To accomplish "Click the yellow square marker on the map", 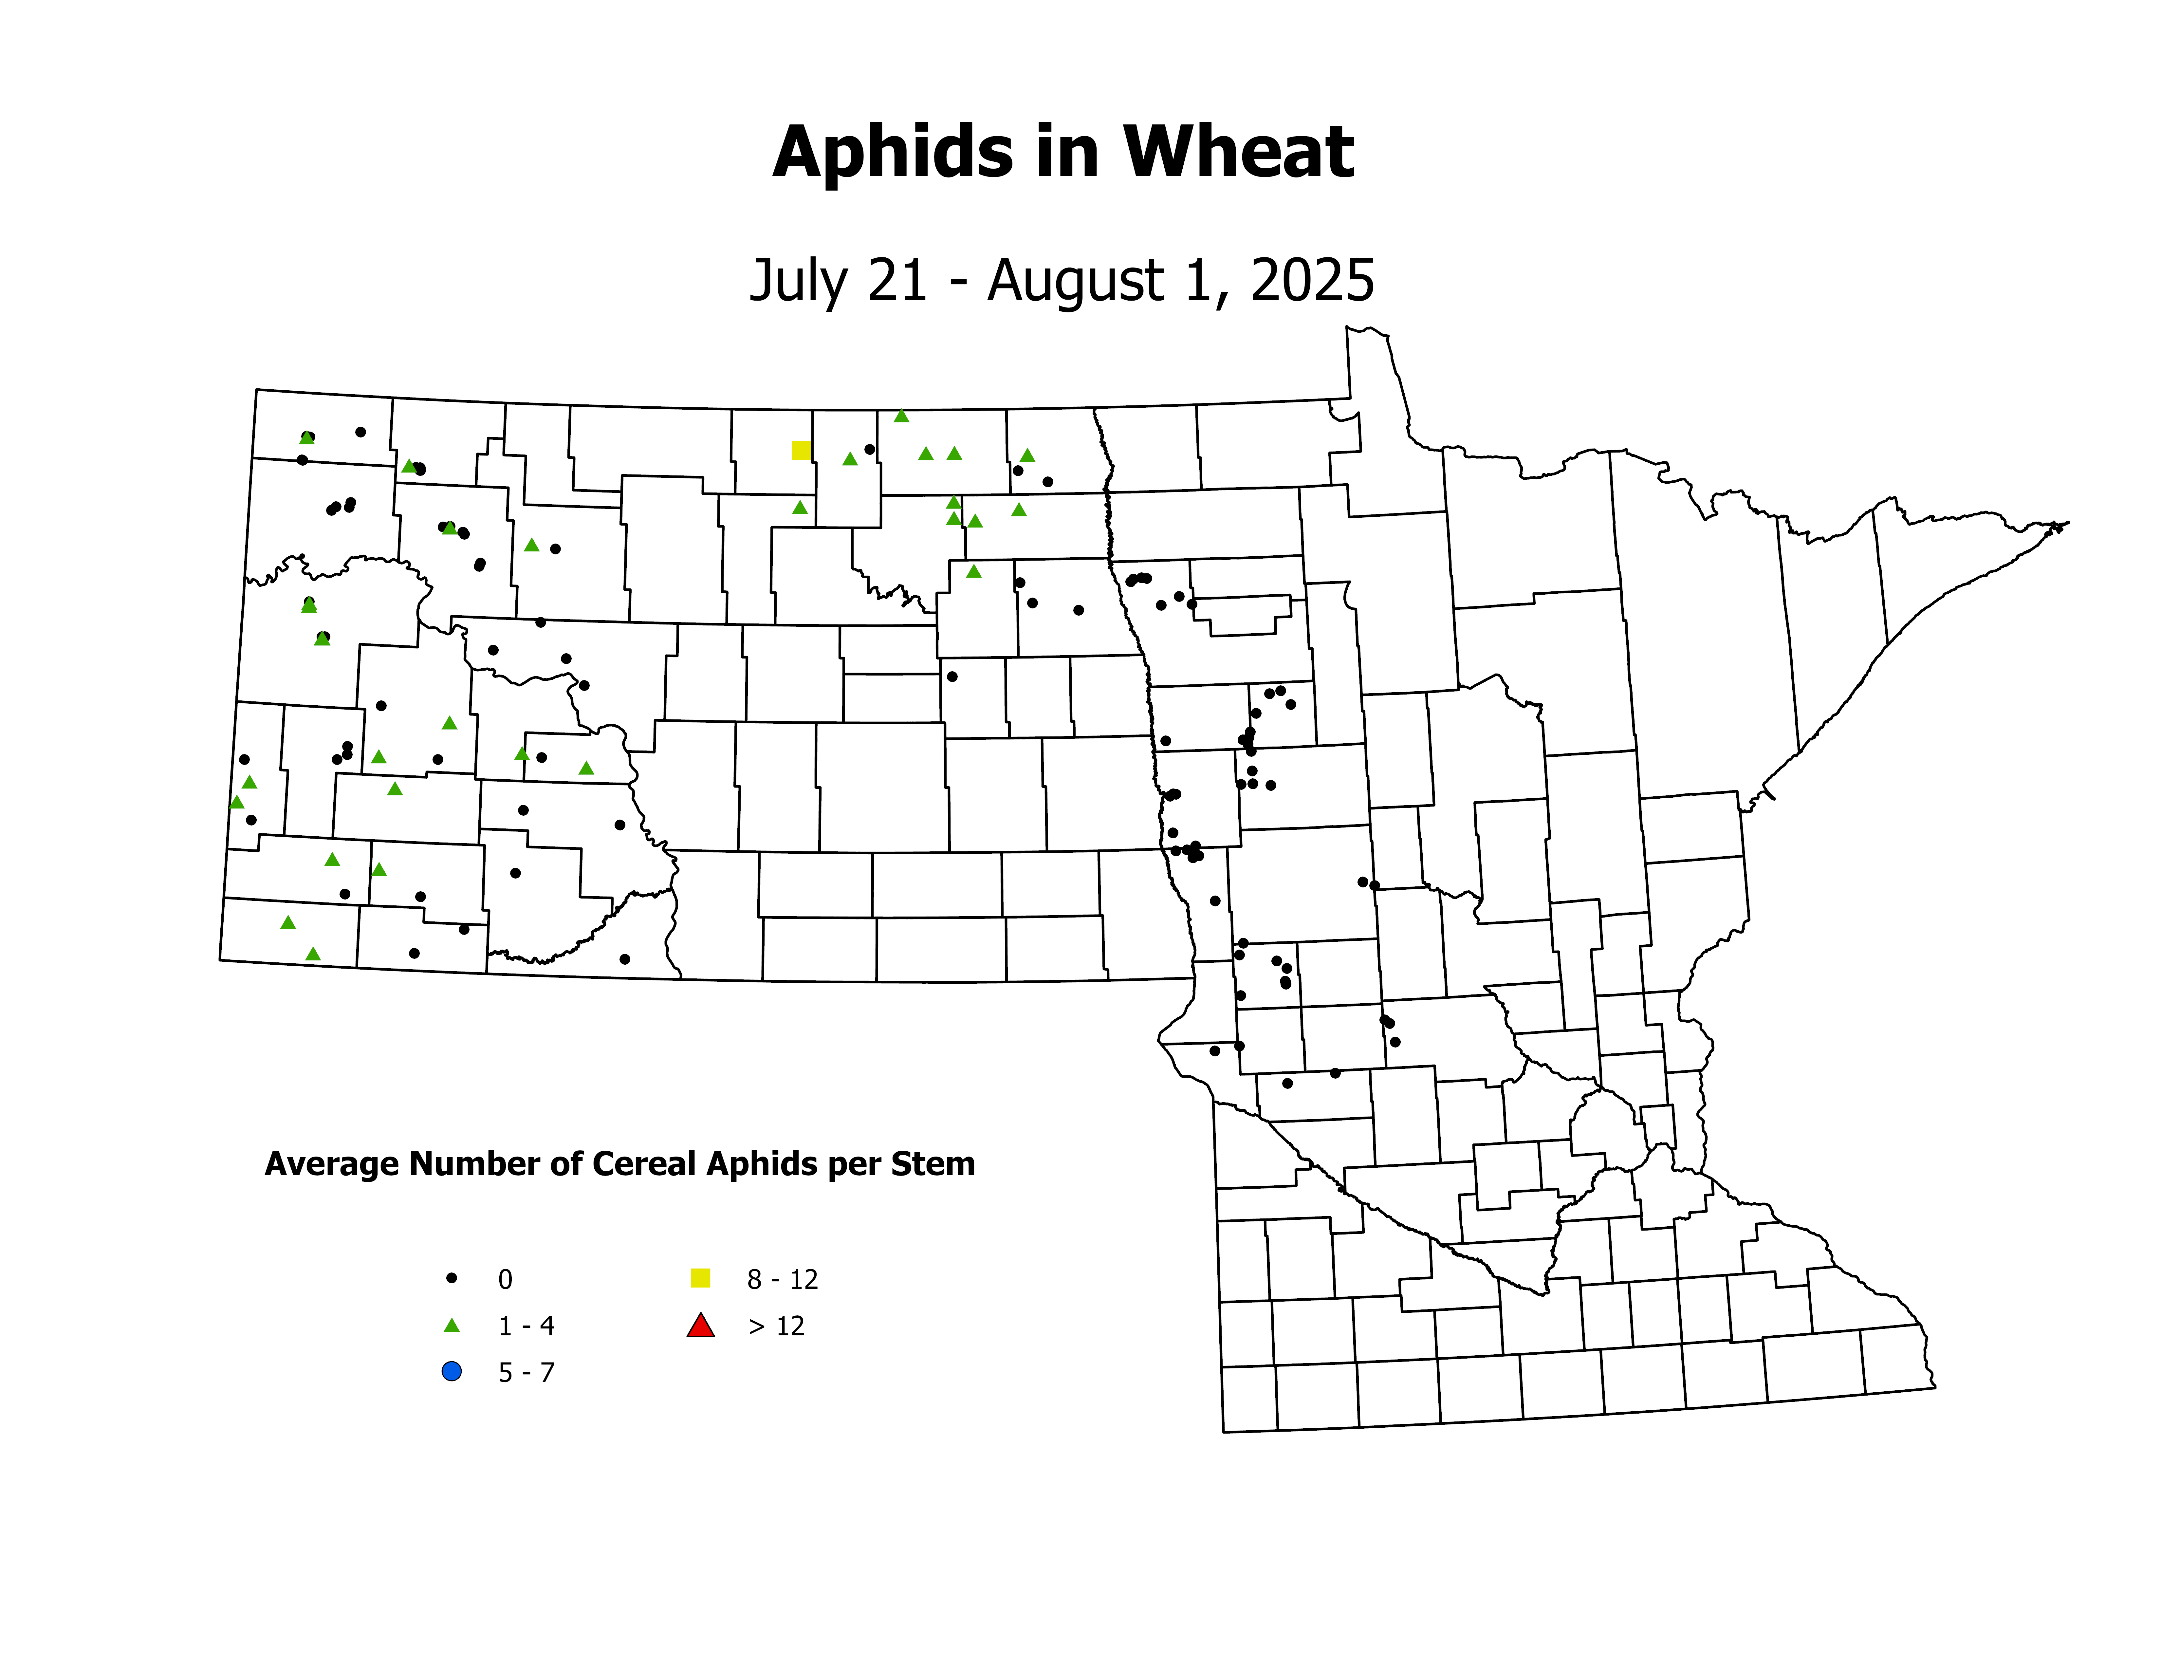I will (802, 450).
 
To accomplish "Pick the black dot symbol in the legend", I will (452, 1278).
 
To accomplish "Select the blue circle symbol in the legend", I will (452, 1371).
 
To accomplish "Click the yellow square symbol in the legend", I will (701, 1278).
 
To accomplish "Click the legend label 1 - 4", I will (526, 1326).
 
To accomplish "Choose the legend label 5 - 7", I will (526, 1372).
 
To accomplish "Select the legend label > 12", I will (777, 1326).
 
